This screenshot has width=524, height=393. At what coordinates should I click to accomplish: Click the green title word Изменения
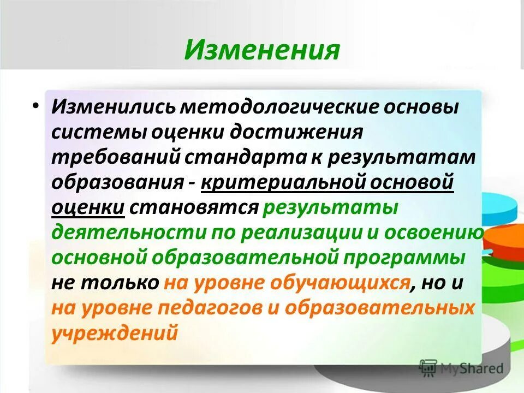coord(261,50)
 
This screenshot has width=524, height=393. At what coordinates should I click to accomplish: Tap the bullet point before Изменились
coord(35,105)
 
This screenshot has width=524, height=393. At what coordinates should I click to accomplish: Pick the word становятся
coord(196,207)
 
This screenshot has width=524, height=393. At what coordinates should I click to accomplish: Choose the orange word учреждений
coord(115,333)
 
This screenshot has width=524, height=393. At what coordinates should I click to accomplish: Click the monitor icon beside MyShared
coord(429,367)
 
